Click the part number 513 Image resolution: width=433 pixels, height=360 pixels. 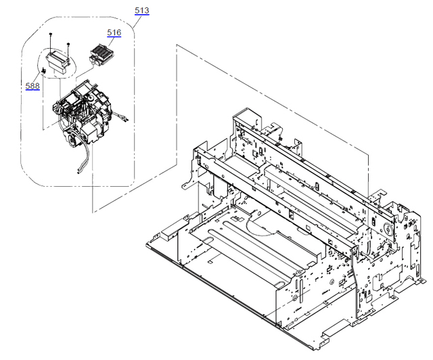pyautogui.click(x=142, y=11)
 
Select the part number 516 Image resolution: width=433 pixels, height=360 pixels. pyautogui.click(x=114, y=32)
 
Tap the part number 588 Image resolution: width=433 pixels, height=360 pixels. pyautogui.click(x=32, y=86)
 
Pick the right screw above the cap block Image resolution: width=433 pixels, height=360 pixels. pyautogui.click(x=68, y=45)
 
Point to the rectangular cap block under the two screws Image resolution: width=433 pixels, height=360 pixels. pyautogui.click(x=58, y=62)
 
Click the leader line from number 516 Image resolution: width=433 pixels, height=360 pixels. pyautogui.click(x=108, y=39)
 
